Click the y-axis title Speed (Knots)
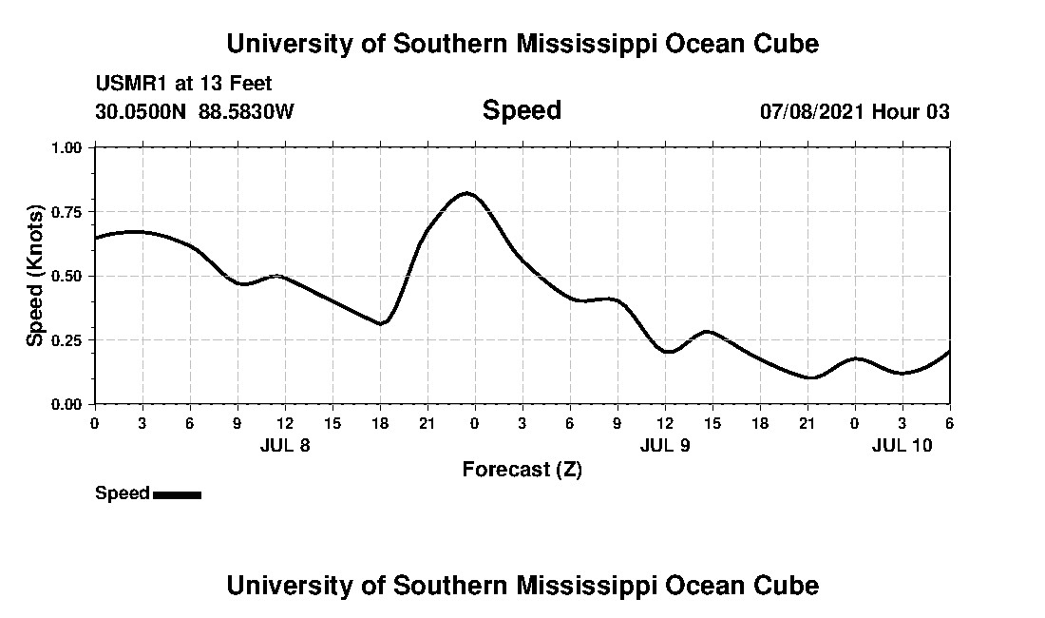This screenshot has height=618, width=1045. click(35, 276)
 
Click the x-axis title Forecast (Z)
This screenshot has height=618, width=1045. click(522, 469)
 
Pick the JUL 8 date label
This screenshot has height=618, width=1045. click(284, 445)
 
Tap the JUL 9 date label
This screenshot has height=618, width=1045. click(664, 445)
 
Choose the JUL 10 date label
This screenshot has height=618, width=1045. click(902, 445)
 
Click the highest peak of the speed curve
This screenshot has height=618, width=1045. click(466, 193)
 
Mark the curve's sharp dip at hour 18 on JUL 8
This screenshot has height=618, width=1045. click(380, 324)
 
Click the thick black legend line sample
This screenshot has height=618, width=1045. click(177, 494)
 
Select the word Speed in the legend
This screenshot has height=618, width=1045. click(123, 493)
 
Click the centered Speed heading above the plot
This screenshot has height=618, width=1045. click(522, 110)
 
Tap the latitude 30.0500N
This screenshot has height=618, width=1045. click(142, 112)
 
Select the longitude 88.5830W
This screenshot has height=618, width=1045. click(246, 112)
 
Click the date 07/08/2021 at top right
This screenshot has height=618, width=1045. click(812, 112)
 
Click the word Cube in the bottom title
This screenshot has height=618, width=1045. click(788, 585)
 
